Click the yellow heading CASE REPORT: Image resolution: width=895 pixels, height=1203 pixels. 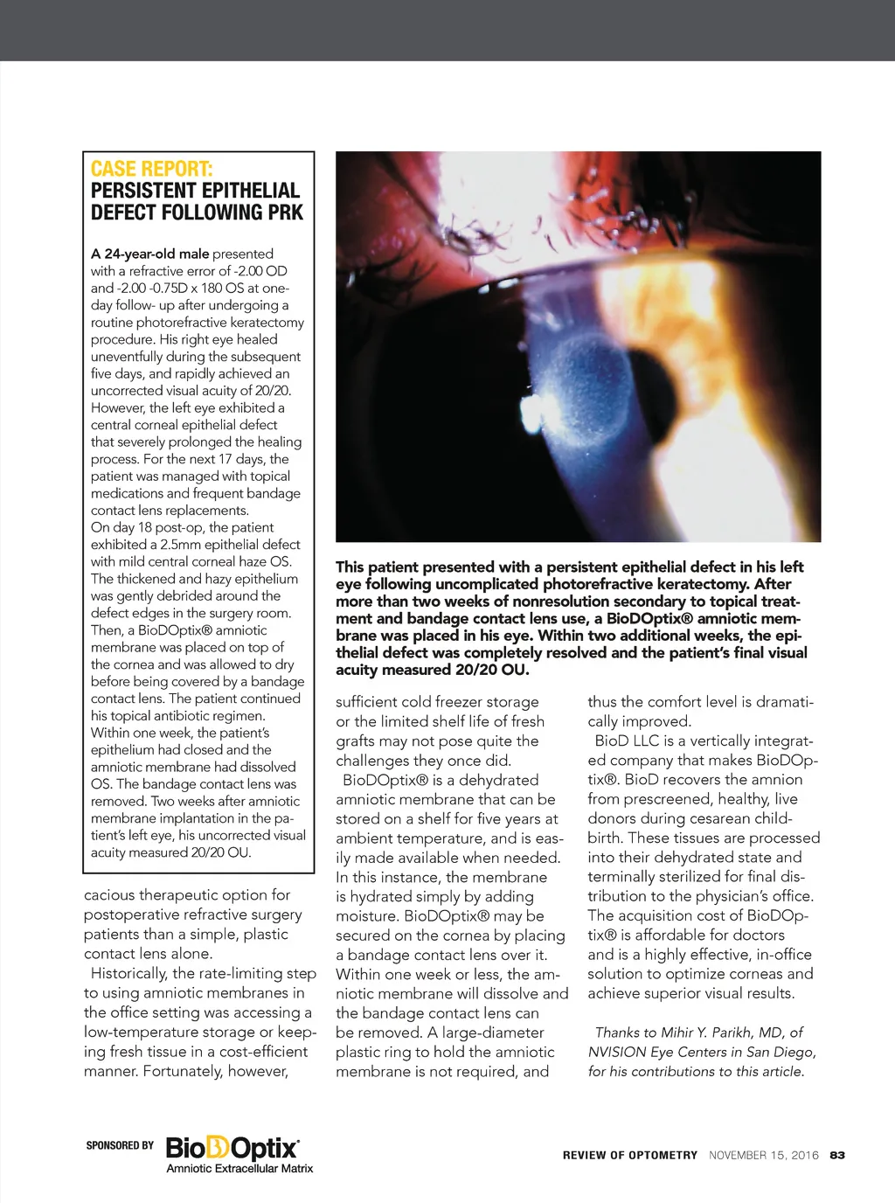click(x=151, y=169)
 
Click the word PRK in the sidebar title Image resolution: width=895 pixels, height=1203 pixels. click(x=281, y=212)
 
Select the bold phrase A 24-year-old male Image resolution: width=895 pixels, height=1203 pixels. click(x=149, y=254)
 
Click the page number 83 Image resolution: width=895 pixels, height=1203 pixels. click(x=837, y=1155)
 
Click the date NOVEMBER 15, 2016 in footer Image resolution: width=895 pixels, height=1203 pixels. click(x=763, y=1155)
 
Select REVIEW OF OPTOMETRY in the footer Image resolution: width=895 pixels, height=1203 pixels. click(x=629, y=1155)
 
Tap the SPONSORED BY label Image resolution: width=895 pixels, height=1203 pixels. click(x=120, y=1145)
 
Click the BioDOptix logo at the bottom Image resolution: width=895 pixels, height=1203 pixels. click(x=232, y=1146)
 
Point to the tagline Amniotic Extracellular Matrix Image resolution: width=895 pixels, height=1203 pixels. click(x=239, y=1169)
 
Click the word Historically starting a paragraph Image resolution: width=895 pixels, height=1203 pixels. click(x=128, y=974)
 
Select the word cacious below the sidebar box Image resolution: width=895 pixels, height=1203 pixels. click(x=112, y=895)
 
